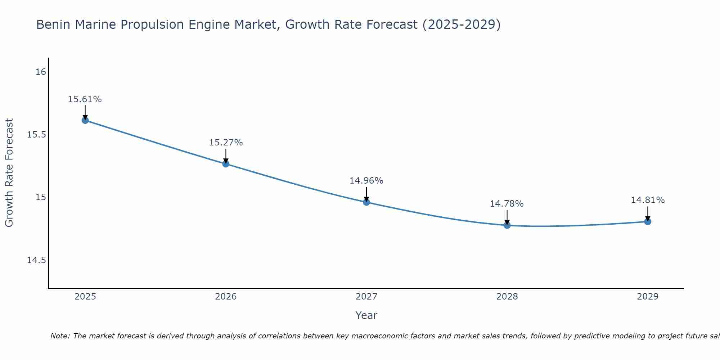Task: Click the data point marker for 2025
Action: pyautogui.click(x=85, y=120)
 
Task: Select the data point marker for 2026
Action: pyautogui.click(x=226, y=164)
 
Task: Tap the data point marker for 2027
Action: pyautogui.click(x=366, y=202)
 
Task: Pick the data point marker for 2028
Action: pyautogui.click(x=507, y=225)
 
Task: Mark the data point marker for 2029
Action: pyautogui.click(x=648, y=221)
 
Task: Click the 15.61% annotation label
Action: pyautogui.click(x=85, y=99)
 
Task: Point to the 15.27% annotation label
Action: pyautogui.click(x=226, y=143)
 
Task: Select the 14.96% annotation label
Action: pyautogui.click(x=366, y=181)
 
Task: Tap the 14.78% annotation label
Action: pyautogui.click(x=507, y=204)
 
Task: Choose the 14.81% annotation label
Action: pyautogui.click(x=648, y=200)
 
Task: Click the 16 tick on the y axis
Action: pyautogui.click(x=41, y=72)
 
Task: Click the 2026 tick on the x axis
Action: pyautogui.click(x=226, y=297)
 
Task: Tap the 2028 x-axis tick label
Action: pyautogui.click(x=507, y=297)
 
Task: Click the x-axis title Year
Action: pyautogui.click(x=366, y=315)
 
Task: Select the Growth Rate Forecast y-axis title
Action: pyautogui.click(x=9, y=173)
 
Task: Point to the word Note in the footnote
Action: pyautogui.click(x=59, y=336)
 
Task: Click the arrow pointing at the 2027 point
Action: pyautogui.click(x=366, y=195)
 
